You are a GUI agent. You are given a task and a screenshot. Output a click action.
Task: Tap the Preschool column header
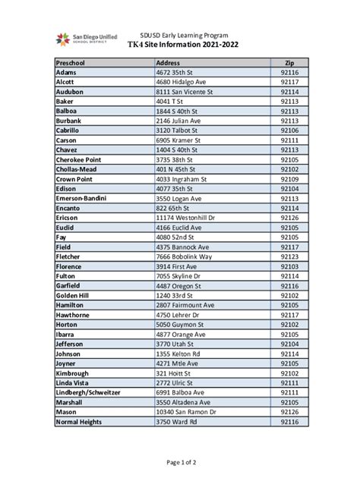73,62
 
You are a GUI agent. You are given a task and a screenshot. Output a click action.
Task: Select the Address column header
168,62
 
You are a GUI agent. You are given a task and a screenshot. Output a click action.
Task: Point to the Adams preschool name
66,72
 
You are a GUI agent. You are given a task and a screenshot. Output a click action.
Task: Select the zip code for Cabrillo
289,130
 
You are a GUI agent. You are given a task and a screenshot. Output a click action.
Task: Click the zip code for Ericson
289,218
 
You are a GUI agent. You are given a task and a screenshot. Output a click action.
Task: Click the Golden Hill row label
73,295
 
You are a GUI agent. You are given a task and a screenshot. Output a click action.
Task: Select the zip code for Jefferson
289,344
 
